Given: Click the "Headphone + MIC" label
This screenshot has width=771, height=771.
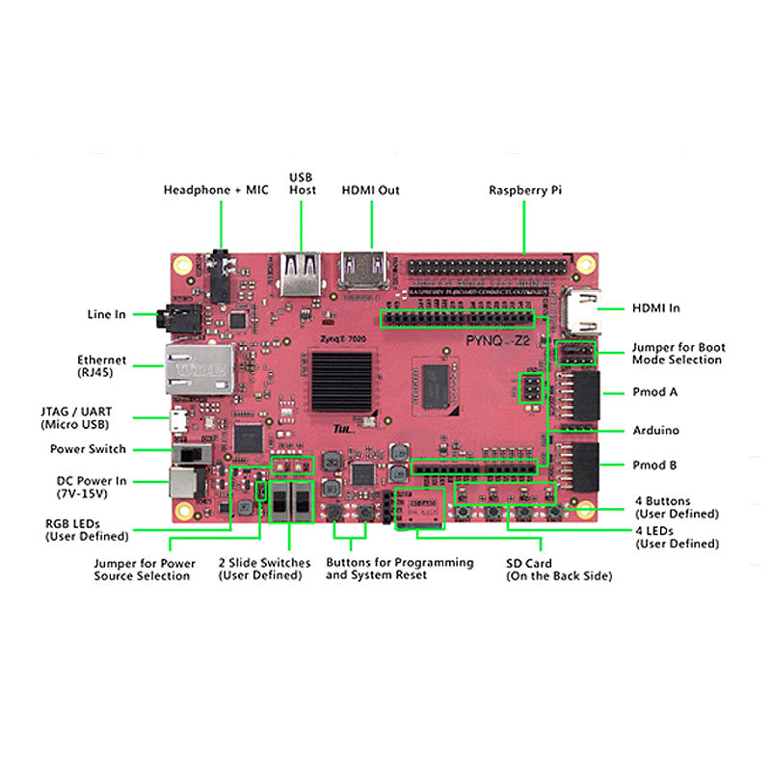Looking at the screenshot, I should [x=216, y=190].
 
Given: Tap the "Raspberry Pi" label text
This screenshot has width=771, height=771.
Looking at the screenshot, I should [x=524, y=190].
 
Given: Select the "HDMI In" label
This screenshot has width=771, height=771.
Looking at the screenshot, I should [x=655, y=307].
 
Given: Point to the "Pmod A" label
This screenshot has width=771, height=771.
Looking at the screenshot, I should [x=653, y=392].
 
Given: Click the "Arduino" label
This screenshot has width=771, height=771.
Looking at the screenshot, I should [x=655, y=430].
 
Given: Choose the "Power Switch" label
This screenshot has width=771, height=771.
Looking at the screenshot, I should [x=88, y=449].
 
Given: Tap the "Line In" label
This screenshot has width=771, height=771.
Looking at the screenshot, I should [x=106, y=313].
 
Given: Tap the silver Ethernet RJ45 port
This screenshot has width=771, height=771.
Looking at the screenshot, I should [x=200, y=367].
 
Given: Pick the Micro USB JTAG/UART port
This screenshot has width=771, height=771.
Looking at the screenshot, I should [x=178, y=419].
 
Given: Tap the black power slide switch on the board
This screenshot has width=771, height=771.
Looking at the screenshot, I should [x=195, y=451].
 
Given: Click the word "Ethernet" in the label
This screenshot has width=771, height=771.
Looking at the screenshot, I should [x=102, y=359].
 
